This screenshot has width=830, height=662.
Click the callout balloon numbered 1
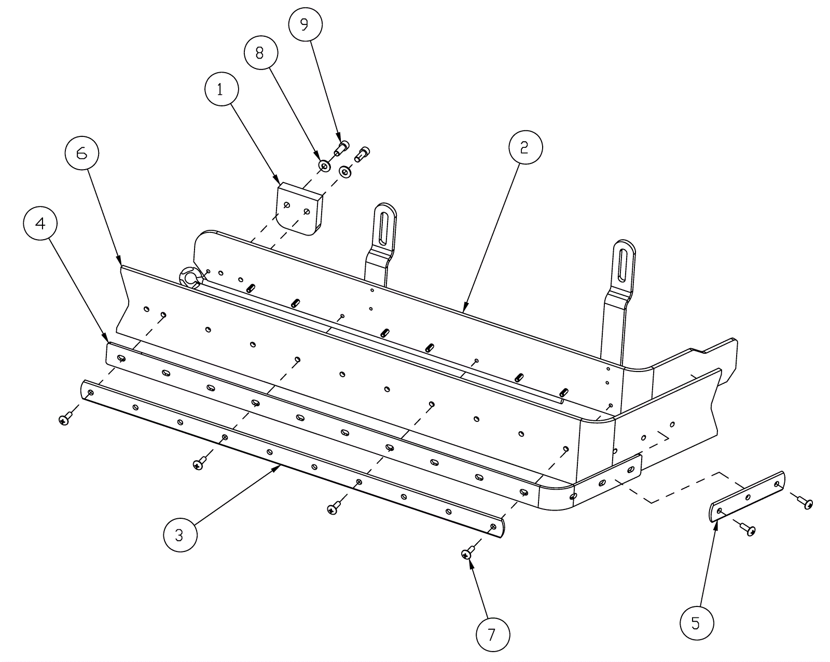222,89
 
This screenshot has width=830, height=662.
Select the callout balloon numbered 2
525,147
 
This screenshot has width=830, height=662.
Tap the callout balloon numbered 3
180,535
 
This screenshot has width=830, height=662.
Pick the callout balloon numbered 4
40,223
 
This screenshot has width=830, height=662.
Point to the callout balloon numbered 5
697,623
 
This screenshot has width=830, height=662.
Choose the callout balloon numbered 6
82,153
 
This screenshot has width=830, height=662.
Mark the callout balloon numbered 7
493,635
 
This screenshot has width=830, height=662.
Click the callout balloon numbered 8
261,52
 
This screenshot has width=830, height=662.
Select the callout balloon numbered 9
305,24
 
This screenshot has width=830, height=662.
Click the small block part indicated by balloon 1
300,209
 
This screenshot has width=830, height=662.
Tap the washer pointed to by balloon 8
325,166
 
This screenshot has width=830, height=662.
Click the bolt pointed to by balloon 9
341,148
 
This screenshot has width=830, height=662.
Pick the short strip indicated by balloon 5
748,496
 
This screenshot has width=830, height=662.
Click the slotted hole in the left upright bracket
384,228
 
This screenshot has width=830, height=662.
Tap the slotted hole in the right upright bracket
624,266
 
